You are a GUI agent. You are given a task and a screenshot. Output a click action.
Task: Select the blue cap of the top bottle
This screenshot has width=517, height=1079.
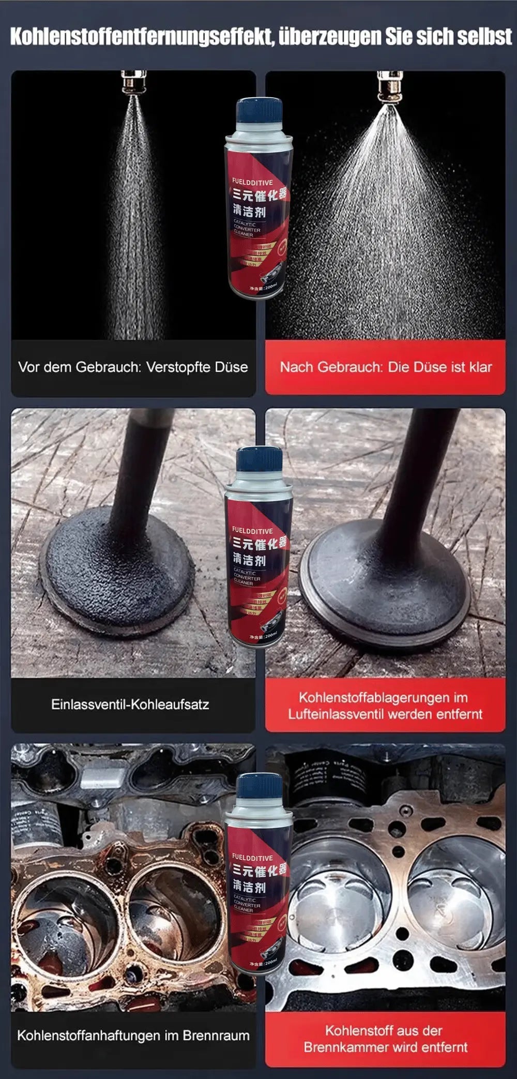tap(259, 109)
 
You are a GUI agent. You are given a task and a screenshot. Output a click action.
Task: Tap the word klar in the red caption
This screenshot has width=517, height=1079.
tap(481, 367)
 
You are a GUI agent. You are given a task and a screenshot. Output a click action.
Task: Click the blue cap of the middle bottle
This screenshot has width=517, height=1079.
tap(259, 459)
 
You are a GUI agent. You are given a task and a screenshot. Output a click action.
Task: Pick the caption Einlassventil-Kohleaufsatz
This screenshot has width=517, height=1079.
tap(130, 705)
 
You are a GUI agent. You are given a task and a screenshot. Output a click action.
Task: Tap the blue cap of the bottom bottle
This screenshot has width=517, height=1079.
tap(259, 787)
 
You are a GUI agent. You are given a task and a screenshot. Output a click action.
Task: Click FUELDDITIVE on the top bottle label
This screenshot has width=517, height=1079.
tap(252, 182)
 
